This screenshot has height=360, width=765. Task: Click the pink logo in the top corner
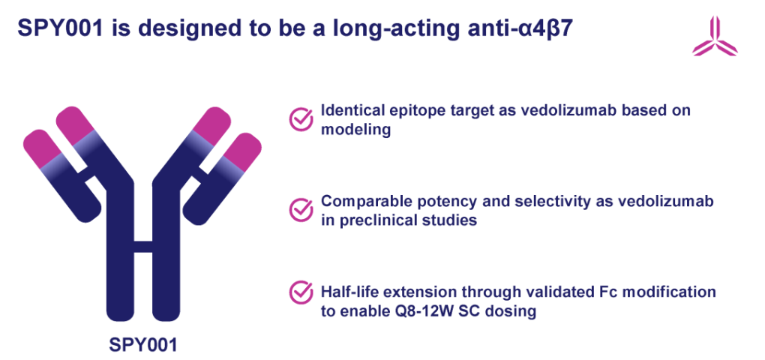(x=715, y=37)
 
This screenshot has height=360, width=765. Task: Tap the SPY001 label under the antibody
(x=142, y=344)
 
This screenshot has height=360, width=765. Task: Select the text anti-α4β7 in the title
(x=525, y=28)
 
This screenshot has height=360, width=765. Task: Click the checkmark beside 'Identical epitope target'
(x=301, y=119)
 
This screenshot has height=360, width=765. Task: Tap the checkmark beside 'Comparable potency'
(x=301, y=210)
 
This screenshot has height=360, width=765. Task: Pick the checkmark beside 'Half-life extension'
(x=301, y=292)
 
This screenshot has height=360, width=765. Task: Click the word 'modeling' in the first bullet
(x=355, y=130)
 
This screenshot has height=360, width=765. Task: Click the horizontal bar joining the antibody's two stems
(x=143, y=247)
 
